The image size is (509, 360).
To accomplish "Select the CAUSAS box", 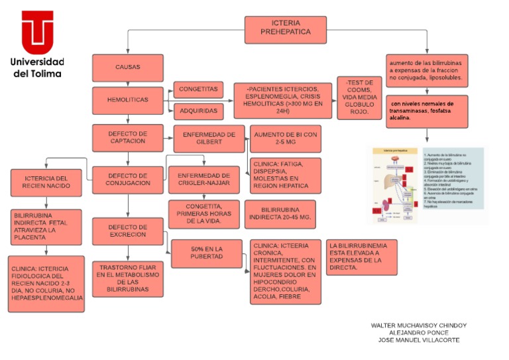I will click(127, 68).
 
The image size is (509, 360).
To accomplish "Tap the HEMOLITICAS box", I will click(127, 100).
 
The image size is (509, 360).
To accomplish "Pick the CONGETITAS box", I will click(198, 89).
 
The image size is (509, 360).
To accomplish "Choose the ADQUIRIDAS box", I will click(198, 111).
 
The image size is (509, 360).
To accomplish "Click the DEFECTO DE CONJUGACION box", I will click(128, 179).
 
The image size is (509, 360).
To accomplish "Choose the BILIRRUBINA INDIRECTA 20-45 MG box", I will click(280, 213).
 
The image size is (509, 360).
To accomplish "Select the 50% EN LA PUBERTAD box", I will click(206, 253).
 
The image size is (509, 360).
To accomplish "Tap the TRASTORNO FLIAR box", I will click(128, 278).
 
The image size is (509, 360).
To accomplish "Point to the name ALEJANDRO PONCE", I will click(418, 333).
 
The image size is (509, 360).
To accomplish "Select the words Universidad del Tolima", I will click(37, 68).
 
